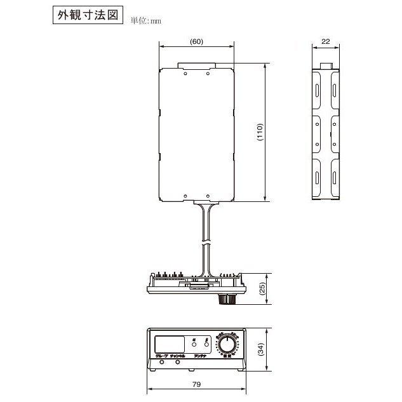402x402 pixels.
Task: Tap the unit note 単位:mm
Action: (146, 21)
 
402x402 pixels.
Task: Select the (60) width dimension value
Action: (196, 41)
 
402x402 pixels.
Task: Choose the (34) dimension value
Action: (261, 349)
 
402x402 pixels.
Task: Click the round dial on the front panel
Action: (227, 346)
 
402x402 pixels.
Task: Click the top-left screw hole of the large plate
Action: (185, 74)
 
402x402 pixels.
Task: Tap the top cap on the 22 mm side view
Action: (327, 65)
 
